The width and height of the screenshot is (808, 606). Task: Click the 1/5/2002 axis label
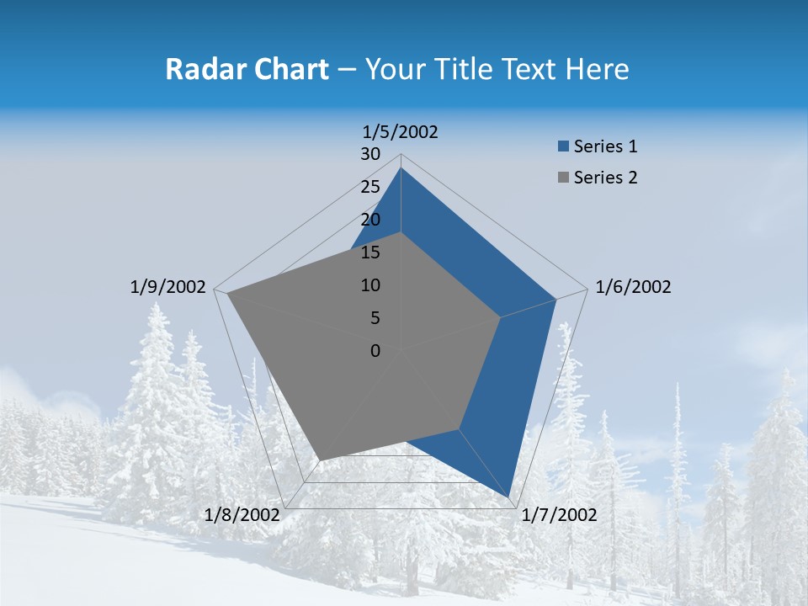click(x=401, y=131)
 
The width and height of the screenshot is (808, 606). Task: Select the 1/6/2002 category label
click(x=633, y=287)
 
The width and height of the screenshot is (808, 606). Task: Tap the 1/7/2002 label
click(x=559, y=515)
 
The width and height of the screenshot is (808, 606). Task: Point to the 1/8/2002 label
click(x=242, y=515)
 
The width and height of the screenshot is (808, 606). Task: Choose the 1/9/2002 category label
click(x=168, y=287)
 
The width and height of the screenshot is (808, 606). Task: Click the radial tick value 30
click(x=370, y=154)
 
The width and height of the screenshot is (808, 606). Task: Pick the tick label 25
click(x=370, y=187)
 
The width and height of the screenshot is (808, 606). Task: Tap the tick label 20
click(x=370, y=220)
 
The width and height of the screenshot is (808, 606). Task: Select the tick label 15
click(x=370, y=252)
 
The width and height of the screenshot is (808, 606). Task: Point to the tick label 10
click(x=370, y=285)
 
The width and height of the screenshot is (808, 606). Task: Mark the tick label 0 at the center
click(x=375, y=351)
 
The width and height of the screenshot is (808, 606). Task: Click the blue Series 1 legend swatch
click(x=563, y=146)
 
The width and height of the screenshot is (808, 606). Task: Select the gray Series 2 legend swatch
click(x=563, y=178)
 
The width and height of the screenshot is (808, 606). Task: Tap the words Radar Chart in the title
click(x=247, y=69)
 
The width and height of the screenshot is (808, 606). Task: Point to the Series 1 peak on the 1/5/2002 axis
click(x=401, y=168)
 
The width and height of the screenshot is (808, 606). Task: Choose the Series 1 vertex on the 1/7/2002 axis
click(x=509, y=497)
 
